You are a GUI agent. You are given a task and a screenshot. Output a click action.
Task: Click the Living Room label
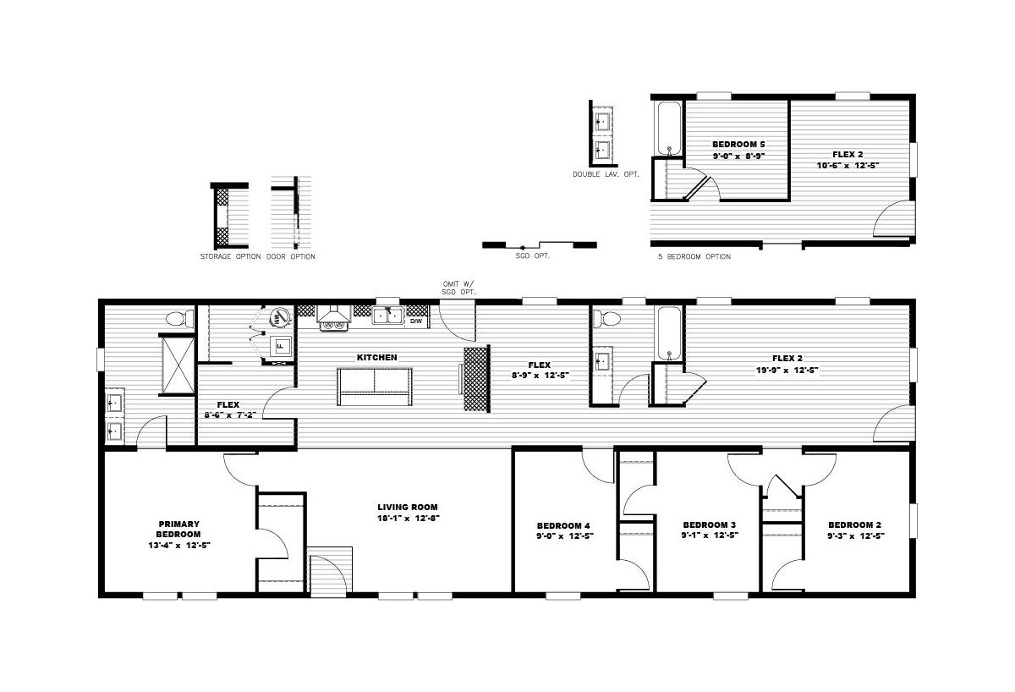[x=408, y=507]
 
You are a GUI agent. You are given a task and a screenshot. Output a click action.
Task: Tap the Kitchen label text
[x=377, y=358]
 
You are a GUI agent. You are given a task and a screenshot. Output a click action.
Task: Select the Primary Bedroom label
[x=179, y=529]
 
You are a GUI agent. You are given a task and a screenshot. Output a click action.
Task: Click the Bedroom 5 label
[x=738, y=144]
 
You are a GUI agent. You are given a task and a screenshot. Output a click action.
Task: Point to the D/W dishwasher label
[x=416, y=321]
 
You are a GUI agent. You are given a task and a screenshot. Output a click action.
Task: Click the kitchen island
[x=375, y=387]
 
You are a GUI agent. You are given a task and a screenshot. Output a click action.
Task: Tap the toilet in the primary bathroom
[x=179, y=319]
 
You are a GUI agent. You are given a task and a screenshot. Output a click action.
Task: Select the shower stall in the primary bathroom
[x=178, y=365]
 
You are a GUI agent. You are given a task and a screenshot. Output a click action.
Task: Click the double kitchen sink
[x=388, y=315]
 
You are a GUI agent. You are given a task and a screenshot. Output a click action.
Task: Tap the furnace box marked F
[x=281, y=347]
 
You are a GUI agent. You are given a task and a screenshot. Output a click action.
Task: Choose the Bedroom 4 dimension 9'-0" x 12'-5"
[x=565, y=536]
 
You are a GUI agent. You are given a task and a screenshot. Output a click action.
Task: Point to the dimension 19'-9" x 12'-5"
[x=787, y=371]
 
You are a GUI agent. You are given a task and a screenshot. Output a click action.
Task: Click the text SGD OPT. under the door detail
[x=532, y=256]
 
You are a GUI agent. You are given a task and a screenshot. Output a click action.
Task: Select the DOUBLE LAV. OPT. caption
[x=606, y=174]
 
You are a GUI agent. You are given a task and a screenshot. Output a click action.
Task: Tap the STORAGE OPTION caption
[x=231, y=256]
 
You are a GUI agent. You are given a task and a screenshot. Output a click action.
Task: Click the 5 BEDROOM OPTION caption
[x=694, y=256]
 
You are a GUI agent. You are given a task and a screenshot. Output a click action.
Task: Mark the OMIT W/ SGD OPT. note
[x=458, y=288]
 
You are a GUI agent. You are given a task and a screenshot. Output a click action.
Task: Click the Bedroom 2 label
[x=855, y=524]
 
